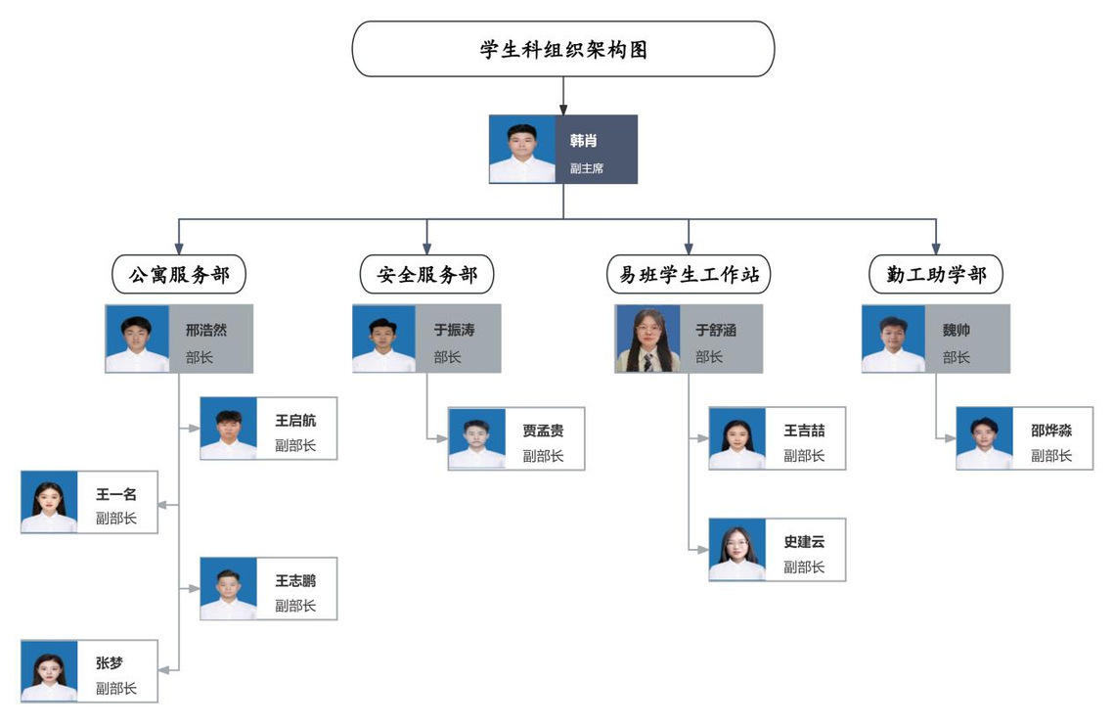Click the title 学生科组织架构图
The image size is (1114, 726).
coord(563,50)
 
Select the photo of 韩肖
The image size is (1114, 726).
coord(522,150)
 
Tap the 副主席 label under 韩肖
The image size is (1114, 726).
coord(587,168)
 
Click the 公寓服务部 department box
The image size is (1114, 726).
coord(179,275)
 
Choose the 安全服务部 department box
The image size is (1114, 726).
coord(427,275)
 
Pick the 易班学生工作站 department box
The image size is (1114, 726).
coord(689,275)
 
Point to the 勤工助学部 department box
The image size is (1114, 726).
coord(936,275)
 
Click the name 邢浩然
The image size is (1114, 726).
coord(206,331)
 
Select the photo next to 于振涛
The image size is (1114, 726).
coord(384,339)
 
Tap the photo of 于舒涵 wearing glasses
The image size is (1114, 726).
coord(647,339)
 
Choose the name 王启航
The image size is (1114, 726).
coord(295,421)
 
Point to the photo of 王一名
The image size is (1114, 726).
coord(49,502)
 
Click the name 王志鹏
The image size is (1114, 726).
coord(295,581)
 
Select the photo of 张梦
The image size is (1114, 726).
coord(49,671)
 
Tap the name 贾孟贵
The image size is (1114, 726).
coord(543,431)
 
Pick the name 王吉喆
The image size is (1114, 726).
coord(804,431)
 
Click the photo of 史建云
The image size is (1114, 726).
coord(737,550)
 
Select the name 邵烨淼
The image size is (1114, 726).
coord(1051,431)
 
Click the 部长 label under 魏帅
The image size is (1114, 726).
coord(957,357)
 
